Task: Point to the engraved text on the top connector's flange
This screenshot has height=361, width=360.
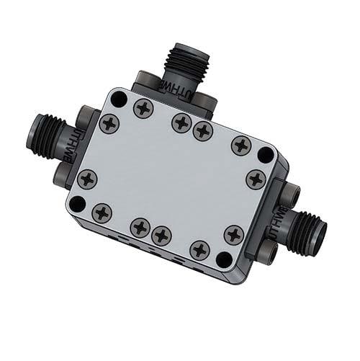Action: pyautogui.click(x=185, y=94)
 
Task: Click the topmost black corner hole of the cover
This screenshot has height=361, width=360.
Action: pyautogui.click(x=119, y=99)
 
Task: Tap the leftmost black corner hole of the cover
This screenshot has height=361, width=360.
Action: pyautogui.click(x=76, y=204)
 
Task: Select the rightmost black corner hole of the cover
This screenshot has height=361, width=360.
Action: pyautogui.click(x=266, y=154)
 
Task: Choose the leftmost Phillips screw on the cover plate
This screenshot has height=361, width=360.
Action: pyautogui.click(x=87, y=178)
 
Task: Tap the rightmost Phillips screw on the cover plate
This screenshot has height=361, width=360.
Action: pyautogui.click(x=256, y=178)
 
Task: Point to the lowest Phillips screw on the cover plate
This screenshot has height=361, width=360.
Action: pyautogui.click(x=199, y=249)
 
